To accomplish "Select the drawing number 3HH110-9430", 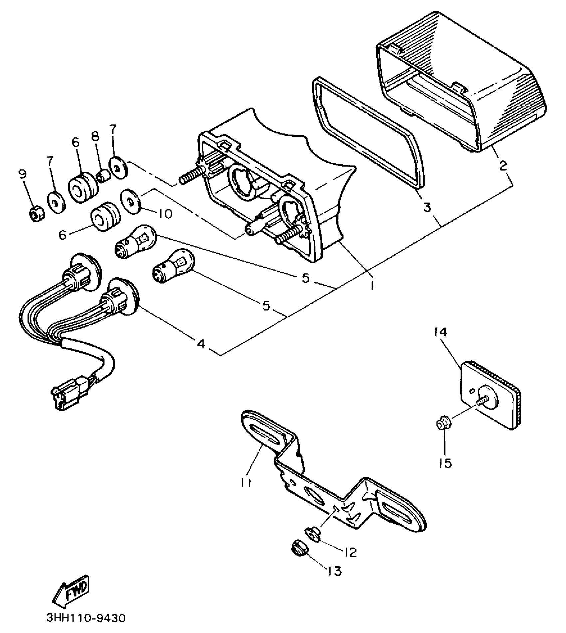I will point(86,620).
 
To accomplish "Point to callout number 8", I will point(95,136).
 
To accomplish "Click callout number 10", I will point(164,213).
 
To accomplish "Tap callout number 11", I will point(245,482).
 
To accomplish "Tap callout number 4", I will point(201,344).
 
